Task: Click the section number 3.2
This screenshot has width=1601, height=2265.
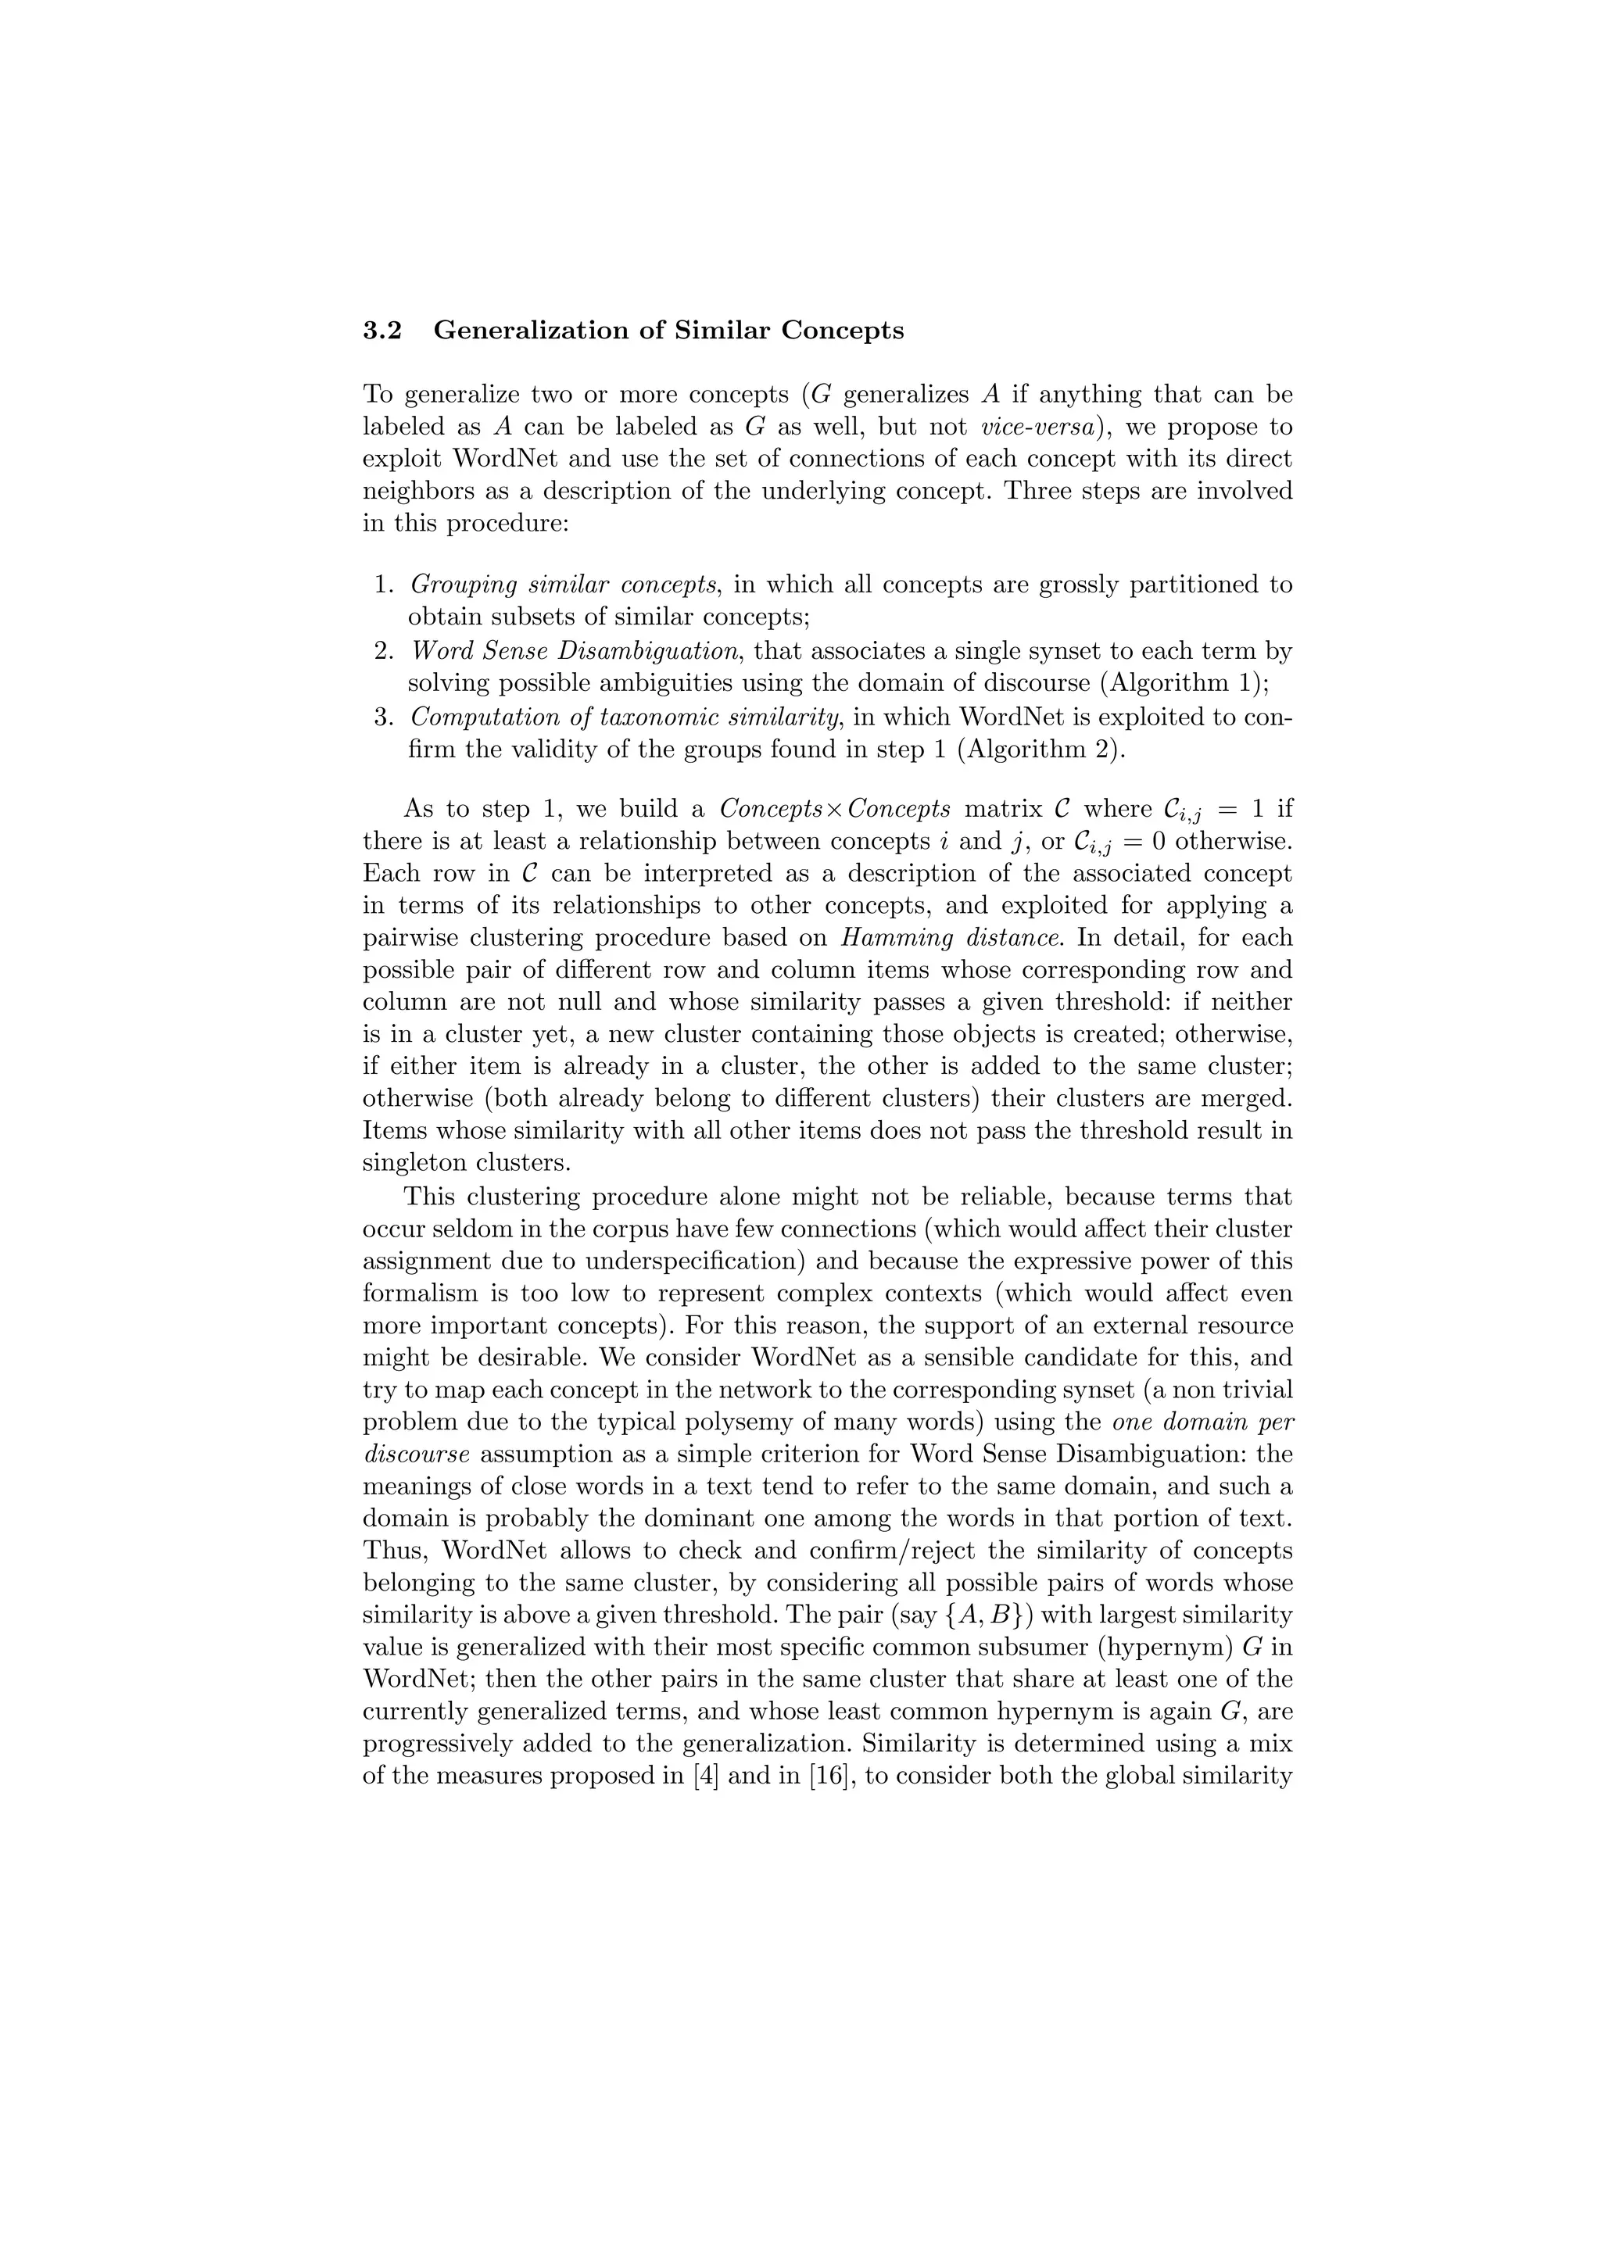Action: point(383,331)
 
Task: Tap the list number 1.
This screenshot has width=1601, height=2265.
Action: point(385,585)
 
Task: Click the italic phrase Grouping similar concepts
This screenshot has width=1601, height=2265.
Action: point(564,585)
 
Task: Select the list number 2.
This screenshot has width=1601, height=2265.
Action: point(385,651)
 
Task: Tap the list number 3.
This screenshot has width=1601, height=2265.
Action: point(385,717)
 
